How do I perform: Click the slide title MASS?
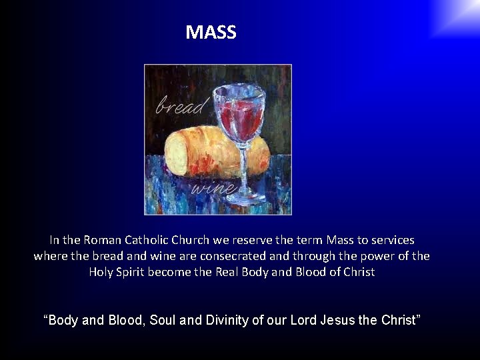point(211,32)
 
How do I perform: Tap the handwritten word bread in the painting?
point(182,105)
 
